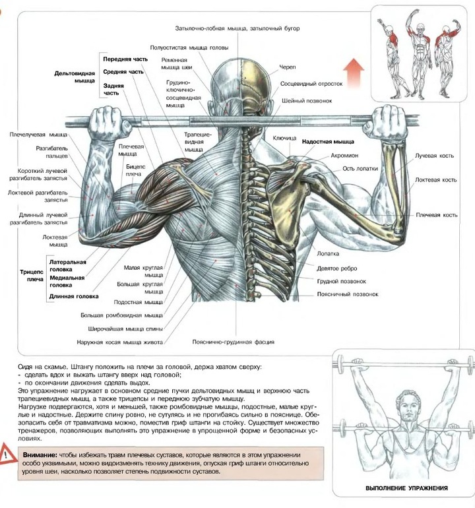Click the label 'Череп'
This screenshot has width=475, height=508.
(x=288, y=67)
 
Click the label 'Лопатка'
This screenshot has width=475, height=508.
(x=327, y=253)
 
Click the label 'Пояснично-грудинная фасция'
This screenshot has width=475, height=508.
(x=233, y=342)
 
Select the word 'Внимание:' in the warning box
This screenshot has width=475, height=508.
(x=40, y=455)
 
